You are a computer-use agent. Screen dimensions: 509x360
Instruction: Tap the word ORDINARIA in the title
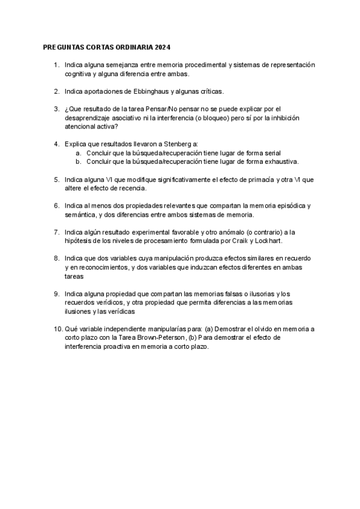133,46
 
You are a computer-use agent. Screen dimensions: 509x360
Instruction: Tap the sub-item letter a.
79,153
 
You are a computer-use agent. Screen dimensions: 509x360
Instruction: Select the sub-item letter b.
79,161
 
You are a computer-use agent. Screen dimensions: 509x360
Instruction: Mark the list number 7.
56,232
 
